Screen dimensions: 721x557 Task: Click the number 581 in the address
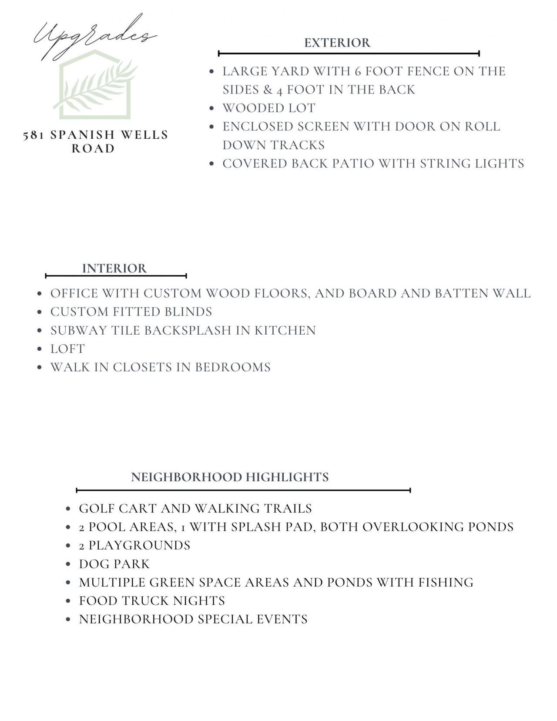(34, 135)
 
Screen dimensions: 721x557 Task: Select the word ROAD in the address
(93, 149)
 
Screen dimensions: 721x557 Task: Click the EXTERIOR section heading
(337, 43)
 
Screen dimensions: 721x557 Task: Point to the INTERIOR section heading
(114, 268)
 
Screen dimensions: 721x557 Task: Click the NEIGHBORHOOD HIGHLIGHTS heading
(230, 477)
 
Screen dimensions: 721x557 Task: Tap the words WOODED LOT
(269, 108)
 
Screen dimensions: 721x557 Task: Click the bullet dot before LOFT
(40, 349)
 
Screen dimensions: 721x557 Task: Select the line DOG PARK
(114, 564)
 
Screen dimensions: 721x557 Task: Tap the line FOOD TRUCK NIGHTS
(152, 601)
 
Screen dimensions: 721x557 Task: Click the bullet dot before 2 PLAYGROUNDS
(68, 546)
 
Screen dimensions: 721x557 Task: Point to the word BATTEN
(461, 294)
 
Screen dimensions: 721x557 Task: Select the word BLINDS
(188, 312)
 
